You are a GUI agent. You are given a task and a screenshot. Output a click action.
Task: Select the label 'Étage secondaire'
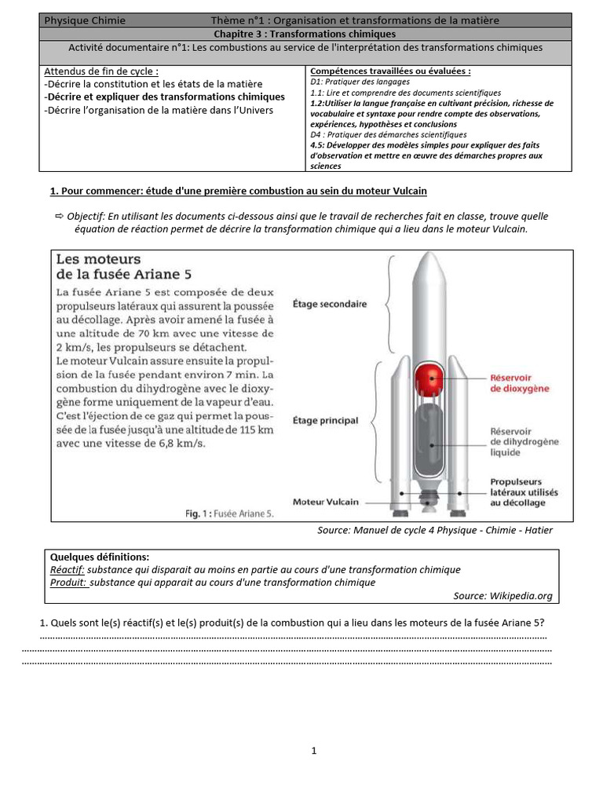329,303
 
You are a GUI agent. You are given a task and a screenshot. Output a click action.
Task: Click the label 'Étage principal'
324,421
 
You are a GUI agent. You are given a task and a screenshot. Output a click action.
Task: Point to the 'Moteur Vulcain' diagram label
326,501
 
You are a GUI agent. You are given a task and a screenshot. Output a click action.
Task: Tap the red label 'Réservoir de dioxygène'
520,382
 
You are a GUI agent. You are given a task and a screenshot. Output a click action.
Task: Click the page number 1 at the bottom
314,751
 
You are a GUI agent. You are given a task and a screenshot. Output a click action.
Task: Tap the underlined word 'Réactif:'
67,569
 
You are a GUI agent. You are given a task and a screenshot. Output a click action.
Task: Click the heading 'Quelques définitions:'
99,557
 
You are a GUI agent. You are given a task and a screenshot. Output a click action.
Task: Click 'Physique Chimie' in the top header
84,20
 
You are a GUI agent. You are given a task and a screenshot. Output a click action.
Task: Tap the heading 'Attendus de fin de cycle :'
106,71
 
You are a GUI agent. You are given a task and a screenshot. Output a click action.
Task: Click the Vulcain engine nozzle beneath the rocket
429,499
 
